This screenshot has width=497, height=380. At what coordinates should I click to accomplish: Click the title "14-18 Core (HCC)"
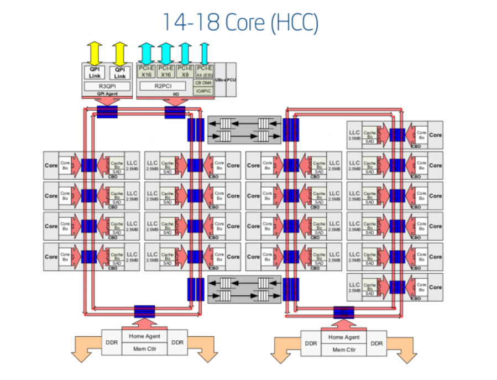point(240,22)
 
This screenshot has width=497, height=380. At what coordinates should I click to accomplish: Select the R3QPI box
point(107,86)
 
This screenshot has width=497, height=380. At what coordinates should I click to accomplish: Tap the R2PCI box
point(163,86)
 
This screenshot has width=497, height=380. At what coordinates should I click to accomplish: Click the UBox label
point(220,81)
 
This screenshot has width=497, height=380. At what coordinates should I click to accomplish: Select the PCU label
point(232,81)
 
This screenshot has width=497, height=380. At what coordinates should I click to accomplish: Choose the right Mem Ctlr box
point(344,350)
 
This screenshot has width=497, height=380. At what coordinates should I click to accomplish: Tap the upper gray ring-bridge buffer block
point(244,130)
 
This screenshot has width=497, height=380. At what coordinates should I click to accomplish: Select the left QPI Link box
point(95,72)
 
